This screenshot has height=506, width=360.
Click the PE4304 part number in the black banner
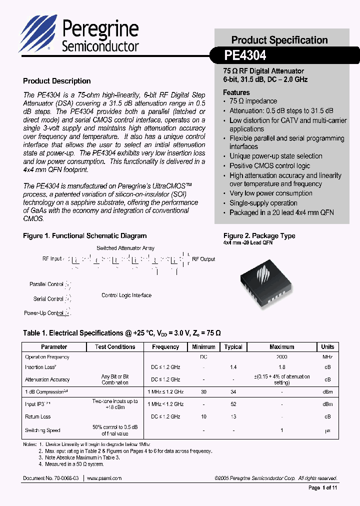245,54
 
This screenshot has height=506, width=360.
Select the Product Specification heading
279,40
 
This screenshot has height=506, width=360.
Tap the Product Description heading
57,81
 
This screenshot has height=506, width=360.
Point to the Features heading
236,92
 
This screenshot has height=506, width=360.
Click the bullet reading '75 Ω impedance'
253,101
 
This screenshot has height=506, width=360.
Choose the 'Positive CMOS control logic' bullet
269,166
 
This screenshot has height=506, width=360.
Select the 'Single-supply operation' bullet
263,203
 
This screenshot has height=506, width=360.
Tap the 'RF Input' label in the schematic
52,258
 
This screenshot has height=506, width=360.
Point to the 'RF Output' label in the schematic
203,259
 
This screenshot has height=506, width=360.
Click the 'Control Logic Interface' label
126,295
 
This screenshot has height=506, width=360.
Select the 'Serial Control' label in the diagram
48,299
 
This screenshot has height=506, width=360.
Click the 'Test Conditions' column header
115,347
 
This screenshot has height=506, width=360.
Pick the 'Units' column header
327,347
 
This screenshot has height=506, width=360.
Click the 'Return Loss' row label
38,416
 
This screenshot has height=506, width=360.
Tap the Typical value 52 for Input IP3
233,404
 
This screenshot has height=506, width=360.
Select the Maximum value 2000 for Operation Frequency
281,357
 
